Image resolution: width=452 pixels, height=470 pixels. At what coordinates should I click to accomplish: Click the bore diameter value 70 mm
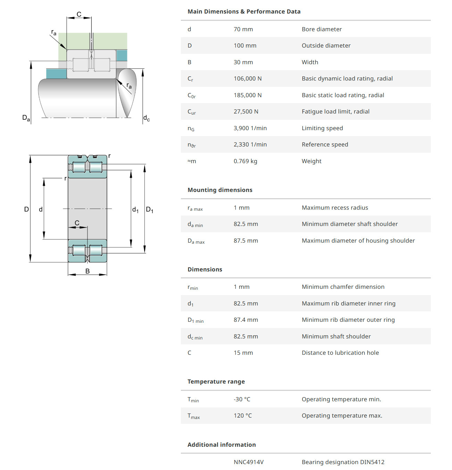[x=243, y=29]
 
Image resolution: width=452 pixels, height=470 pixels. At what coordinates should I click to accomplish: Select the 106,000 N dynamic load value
[x=248, y=78]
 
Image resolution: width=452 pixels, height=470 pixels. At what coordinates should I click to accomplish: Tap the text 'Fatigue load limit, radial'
[x=335, y=111]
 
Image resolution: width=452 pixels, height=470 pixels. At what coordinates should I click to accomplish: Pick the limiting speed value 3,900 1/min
[x=250, y=128]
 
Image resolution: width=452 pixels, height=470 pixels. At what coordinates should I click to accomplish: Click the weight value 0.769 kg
[x=245, y=161]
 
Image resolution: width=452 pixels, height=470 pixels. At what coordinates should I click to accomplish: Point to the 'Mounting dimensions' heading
[x=220, y=190]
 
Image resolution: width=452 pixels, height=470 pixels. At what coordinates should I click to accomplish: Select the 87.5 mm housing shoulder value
[x=245, y=241]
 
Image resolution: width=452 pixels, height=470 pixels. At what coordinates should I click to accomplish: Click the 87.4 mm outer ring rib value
[x=245, y=320]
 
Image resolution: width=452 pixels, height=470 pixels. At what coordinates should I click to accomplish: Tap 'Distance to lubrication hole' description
[x=340, y=353]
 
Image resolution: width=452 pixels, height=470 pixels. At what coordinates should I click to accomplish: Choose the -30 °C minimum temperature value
[x=242, y=399]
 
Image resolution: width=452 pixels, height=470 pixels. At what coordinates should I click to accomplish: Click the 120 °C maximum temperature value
[x=243, y=416]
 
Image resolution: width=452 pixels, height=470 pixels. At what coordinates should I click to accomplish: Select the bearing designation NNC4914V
[x=249, y=462]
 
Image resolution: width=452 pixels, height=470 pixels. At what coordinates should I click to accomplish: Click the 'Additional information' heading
[x=221, y=445]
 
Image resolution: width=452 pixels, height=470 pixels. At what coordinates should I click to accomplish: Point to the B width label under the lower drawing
[x=87, y=271]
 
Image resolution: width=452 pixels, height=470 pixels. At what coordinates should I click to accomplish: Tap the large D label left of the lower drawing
[x=26, y=209]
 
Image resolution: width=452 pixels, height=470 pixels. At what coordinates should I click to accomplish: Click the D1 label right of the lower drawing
[x=150, y=210]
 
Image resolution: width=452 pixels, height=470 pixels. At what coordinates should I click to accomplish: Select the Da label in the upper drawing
[x=26, y=118]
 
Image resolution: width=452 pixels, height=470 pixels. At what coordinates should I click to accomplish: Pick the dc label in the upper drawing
[x=147, y=118]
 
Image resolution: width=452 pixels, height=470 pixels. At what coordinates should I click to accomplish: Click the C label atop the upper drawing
[x=79, y=14]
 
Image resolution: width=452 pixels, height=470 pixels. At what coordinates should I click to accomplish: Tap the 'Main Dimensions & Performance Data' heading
[x=244, y=11]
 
